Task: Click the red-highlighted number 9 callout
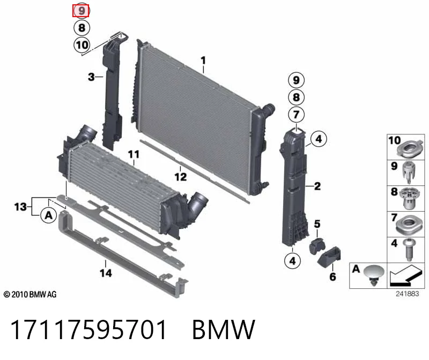coord(81,11)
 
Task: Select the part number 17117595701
coord(88,329)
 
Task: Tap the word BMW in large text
coord(224,329)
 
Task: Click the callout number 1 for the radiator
coord(203,61)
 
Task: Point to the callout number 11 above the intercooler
coord(134,155)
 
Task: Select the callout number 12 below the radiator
coord(181,177)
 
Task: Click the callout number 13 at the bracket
coord(20,207)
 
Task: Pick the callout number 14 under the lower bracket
coord(106,273)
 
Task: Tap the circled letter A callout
coord(49,215)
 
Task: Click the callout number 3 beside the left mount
coord(91,77)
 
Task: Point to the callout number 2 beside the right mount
coord(317,186)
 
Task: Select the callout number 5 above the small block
coord(317,224)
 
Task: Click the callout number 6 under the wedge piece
coord(332,276)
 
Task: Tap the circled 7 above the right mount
coord(297,115)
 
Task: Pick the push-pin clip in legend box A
coord(374,275)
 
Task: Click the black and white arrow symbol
coord(406,275)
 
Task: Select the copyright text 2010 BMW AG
coord(30,295)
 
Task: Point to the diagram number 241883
coord(408,294)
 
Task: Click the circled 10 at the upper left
coord(82,45)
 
